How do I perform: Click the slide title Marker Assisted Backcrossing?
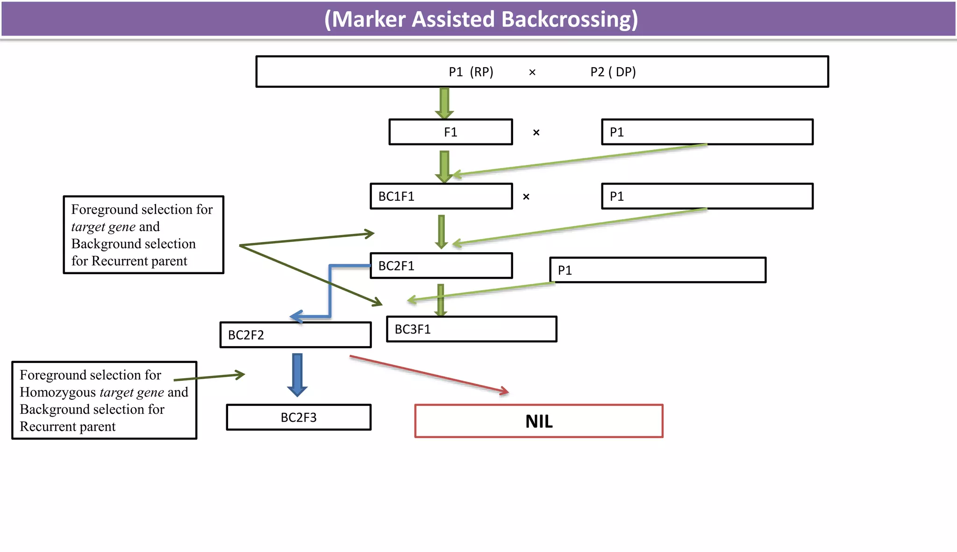[x=481, y=19]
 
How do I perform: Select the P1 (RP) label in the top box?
[x=471, y=72]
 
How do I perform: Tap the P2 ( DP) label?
[x=613, y=72]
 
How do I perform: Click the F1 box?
[x=450, y=132]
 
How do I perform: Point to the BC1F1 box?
[x=441, y=196]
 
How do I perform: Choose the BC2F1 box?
[x=441, y=266]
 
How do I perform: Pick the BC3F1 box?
[x=471, y=329]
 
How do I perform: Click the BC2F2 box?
[x=295, y=335]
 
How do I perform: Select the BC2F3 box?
[x=299, y=417]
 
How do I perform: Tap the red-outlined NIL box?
[x=539, y=421]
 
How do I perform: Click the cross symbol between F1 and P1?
[x=536, y=133]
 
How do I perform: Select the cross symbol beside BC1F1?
[x=526, y=197]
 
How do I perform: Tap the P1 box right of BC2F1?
[x=657, y=270]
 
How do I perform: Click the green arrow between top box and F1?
[x=444, y=103]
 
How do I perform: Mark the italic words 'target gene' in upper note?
[x=103, y=227]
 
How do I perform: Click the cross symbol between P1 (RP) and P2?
[x=532, y=72]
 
